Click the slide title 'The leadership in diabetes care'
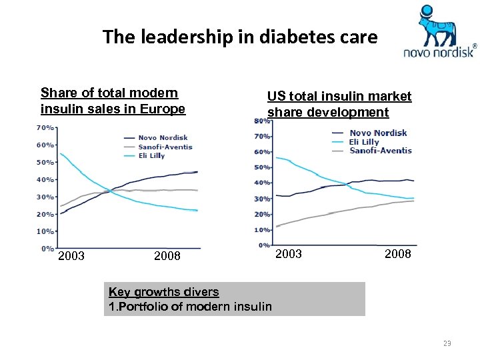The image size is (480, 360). tap(240, 37)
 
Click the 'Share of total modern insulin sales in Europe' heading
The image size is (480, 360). tap(113, 101)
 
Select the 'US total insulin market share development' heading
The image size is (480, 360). tap(339, 104)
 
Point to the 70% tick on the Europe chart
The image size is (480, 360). tap(45, 127)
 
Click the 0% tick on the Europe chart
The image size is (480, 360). tap(47, 248)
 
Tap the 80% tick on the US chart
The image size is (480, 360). tap(261, 121)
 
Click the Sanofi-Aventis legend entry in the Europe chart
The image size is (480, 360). tap(165, 147)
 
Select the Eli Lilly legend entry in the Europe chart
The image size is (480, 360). tap(152, 155)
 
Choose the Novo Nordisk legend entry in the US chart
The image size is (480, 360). tap(377, 133)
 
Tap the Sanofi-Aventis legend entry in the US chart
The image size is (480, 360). tap(380, 151)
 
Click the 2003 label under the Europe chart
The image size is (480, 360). tap(71, 255)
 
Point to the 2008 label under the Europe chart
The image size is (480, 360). tap(167, 255)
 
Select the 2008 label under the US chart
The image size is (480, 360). tap(398, 254)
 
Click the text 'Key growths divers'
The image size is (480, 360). tap(163, 292)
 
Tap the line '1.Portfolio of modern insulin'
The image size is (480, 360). tap(190, 307)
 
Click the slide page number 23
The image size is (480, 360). tap(447, 343)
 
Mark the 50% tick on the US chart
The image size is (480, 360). tap(261, 167)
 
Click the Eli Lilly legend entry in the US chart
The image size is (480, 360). tap(364, 141)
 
